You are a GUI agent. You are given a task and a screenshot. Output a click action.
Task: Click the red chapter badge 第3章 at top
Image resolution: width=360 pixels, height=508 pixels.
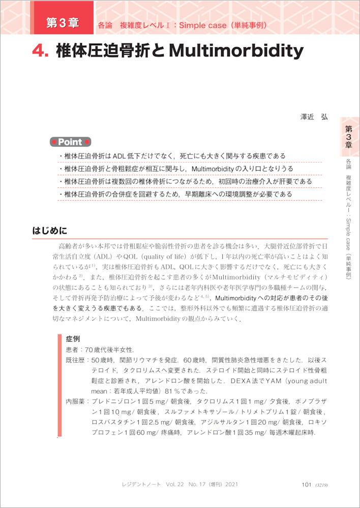pyautogui.click(x=62, y=22)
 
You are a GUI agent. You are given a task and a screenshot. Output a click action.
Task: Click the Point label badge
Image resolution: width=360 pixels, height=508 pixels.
pyautogui.click(x=70, y=142)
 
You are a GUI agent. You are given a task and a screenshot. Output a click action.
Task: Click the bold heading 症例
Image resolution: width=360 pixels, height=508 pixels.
pyautogui.click(x=73, y=338)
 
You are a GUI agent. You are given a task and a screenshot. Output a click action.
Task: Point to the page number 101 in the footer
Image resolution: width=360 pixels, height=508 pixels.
pyautogui.click(x=306, y=485)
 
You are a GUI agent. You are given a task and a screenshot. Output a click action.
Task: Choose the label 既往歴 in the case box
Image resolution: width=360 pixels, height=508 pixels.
pyautogui.click(x=75, y=360)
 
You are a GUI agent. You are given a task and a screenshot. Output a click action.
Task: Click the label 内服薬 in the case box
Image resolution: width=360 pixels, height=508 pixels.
pyautogui.click(x=75, y=401)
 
